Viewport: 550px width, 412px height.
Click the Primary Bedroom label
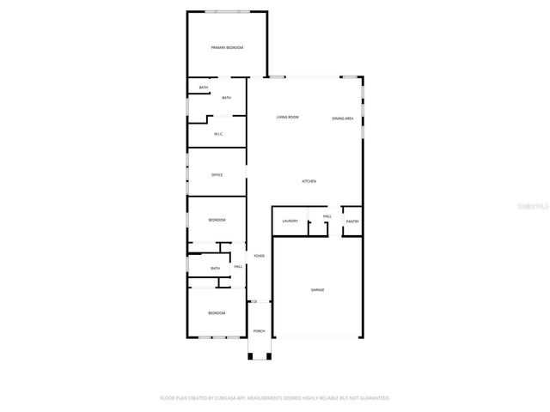(x=227, y=47)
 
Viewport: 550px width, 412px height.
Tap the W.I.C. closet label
(x=218, y=133)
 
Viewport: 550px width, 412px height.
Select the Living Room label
(x=287, y=117)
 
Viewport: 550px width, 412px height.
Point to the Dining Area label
(x=343, y=118)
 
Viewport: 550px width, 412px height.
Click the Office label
(x=217, y=175)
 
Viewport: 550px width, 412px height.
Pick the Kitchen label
(x=309, y=181)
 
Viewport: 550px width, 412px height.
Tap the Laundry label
(x=290, y=221)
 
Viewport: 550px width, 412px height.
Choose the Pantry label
(x=352, y=221)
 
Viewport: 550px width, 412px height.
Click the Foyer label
(x=259, y=256)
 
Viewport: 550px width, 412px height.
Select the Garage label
(x=317, y=289)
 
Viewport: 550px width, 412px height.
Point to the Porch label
(x=259, y=331)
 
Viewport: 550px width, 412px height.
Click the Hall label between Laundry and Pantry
(x=327, y=216)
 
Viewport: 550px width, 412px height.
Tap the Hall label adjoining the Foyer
(x=238, y=266)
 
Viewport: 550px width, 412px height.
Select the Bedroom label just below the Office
(x=217, y=221)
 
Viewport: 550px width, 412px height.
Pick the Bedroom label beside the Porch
(x=217, y=312)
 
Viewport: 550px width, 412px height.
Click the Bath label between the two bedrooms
(x=215, y=268)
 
